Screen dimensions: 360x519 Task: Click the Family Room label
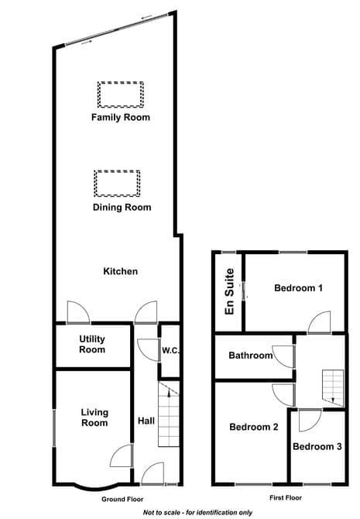(121, 118)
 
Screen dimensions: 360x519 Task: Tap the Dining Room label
(122, 208)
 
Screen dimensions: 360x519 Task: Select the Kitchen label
(121, 271)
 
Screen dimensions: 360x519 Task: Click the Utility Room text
(92, 344)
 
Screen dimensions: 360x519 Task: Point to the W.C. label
(170, 351)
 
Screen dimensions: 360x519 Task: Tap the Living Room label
(94, 418)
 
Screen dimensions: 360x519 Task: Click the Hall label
(146, 421)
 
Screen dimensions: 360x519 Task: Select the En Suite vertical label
(229, 291)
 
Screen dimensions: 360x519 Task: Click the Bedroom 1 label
(299, 288)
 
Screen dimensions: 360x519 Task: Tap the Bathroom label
(251, 356)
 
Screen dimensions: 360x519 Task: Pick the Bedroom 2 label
(254, 427)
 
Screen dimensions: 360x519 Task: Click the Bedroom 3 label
(317, 446)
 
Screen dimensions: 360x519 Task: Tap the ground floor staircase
(169, 414)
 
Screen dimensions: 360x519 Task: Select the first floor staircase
(333, 388)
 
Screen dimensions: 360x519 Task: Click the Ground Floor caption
(122, 499)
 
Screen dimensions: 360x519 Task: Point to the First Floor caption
(286, 497)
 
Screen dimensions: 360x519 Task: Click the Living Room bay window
(96, 487)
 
